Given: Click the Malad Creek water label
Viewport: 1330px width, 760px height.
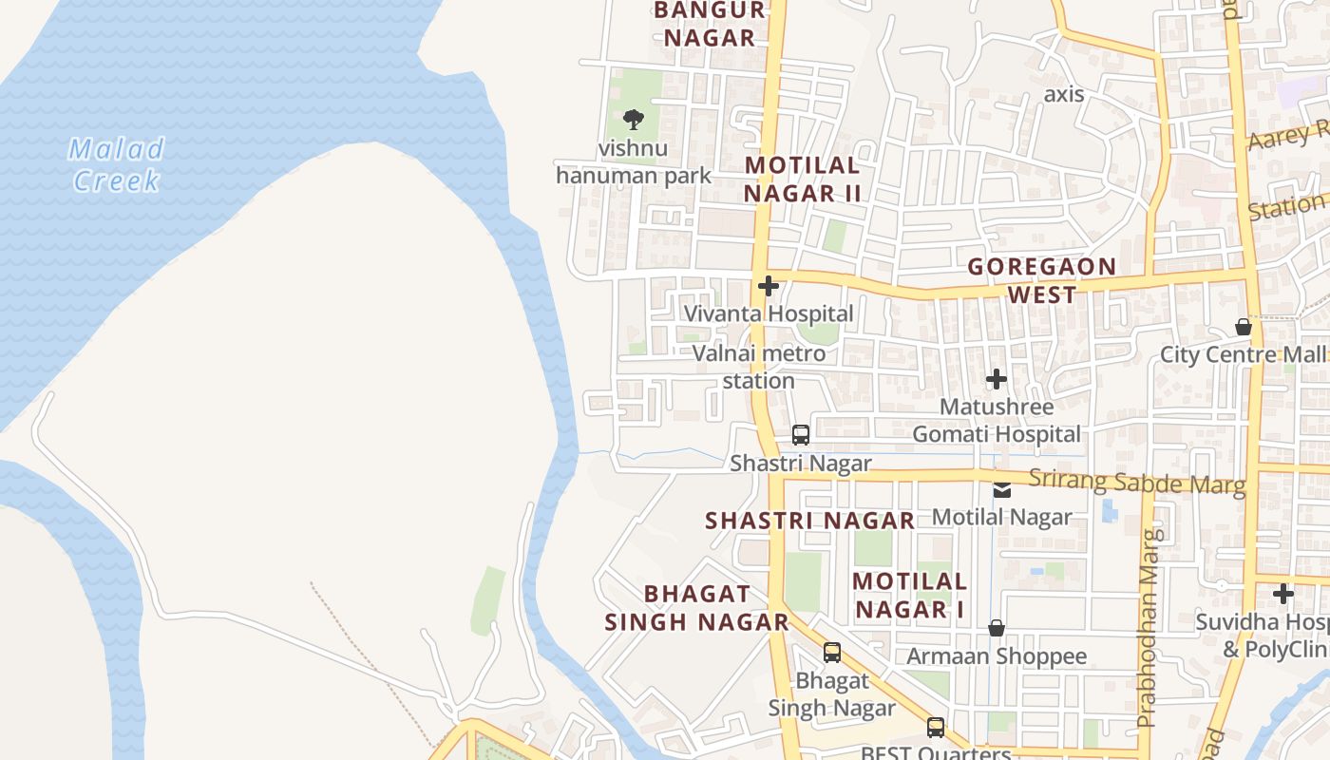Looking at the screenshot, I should pyautogui.click(x=117, y=164).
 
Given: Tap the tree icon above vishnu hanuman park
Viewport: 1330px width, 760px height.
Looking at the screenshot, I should pyautogui.click(x=633, y=120).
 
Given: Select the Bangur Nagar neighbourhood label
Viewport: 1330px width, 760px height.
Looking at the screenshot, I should pyautogui.click(x=709, y=24).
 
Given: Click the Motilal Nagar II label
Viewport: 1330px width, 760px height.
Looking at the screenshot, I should pyautogui.click(x=802, y=179).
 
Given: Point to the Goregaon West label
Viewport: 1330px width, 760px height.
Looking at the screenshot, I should pyautogui.click(x=1041, y=280).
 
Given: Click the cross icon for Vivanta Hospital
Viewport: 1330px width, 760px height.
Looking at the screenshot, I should pyautogui.click(x=768, y=285).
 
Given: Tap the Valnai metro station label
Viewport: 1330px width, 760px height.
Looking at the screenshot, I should pyautogui.click(x=758, y=367).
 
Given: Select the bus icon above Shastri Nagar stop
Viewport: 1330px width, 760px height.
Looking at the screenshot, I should pyautogui.click(x=801, y=435).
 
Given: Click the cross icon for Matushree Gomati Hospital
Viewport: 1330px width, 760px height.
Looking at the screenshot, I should pyautogui.click(x=996, y=379).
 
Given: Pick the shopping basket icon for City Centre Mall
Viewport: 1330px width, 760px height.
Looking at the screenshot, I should pyautogui.click(x=1243, y=328).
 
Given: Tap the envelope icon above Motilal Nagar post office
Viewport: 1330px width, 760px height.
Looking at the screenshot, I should pyautogui.click(x=1001, y=490).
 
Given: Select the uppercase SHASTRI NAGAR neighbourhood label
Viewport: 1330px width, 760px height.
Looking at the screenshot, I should pyautogui.click(x=809, y=521).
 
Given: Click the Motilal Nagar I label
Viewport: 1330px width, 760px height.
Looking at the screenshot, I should pyautogui.click(x=909, y=595).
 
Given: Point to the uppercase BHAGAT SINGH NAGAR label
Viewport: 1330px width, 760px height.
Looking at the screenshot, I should pyautogui.click(x=696, y=608).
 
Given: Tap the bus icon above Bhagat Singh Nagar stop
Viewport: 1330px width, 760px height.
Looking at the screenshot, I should pyautogui.click(x=832, y=653).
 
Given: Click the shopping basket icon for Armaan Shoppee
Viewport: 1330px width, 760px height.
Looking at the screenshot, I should pyautogui.click(x=996, y=628).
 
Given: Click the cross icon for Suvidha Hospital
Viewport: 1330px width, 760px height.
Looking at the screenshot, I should pyautogui.click(x=1283, y=594).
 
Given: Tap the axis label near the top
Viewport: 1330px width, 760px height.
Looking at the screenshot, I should pyautogui.click(x=1063, y=94).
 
